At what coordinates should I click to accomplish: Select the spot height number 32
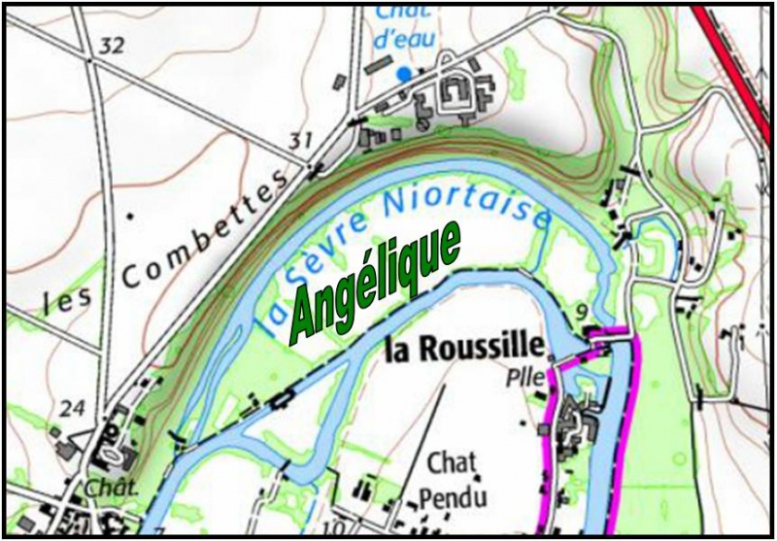pos(113,46)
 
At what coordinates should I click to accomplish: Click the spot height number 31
pos(301,143)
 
